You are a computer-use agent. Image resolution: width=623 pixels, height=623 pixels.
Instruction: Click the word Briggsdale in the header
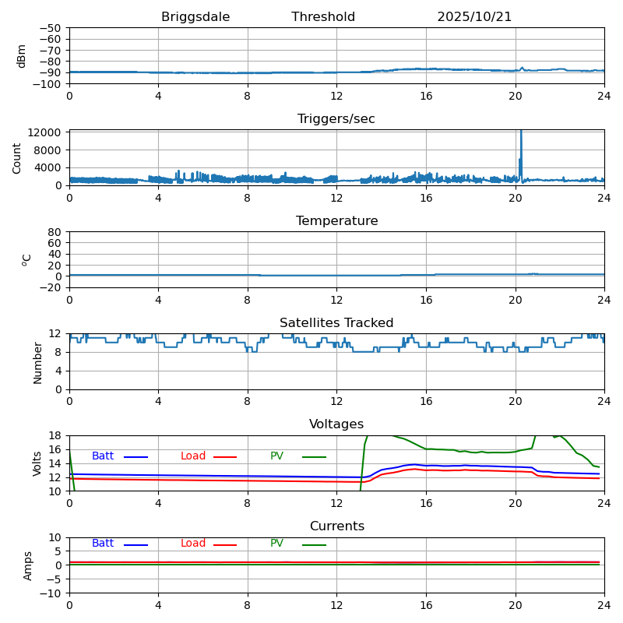tap(195, 17)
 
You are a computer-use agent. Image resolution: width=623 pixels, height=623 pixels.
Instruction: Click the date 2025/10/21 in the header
tap(474, 17)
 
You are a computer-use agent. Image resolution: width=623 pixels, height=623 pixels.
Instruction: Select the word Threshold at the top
tap(323, 17)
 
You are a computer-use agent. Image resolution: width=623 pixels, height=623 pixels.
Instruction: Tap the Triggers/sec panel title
tap(336, 119)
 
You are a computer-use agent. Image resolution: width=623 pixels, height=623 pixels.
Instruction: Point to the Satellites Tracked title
tap(336, 323)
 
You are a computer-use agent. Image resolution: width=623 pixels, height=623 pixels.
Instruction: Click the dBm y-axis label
tap(22, 55)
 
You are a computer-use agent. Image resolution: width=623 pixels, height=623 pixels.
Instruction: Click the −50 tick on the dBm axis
tap(51, 28)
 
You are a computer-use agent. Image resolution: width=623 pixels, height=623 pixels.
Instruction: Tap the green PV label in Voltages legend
tap(277, 456)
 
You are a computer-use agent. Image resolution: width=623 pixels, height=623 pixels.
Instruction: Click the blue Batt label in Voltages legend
tap(103, 456)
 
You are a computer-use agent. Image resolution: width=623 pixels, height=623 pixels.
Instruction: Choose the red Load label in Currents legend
tap(193, 544)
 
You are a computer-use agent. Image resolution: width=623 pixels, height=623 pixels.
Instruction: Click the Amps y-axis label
tap(28, 565)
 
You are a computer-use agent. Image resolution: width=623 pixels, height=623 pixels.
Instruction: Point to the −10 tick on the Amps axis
tap(51, 593)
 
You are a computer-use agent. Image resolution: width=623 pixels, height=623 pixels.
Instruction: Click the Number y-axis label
tap(37, 362)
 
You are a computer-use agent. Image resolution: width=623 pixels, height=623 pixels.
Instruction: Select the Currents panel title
tap(336, 526)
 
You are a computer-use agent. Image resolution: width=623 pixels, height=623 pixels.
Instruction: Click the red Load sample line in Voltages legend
tap(225, 457)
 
